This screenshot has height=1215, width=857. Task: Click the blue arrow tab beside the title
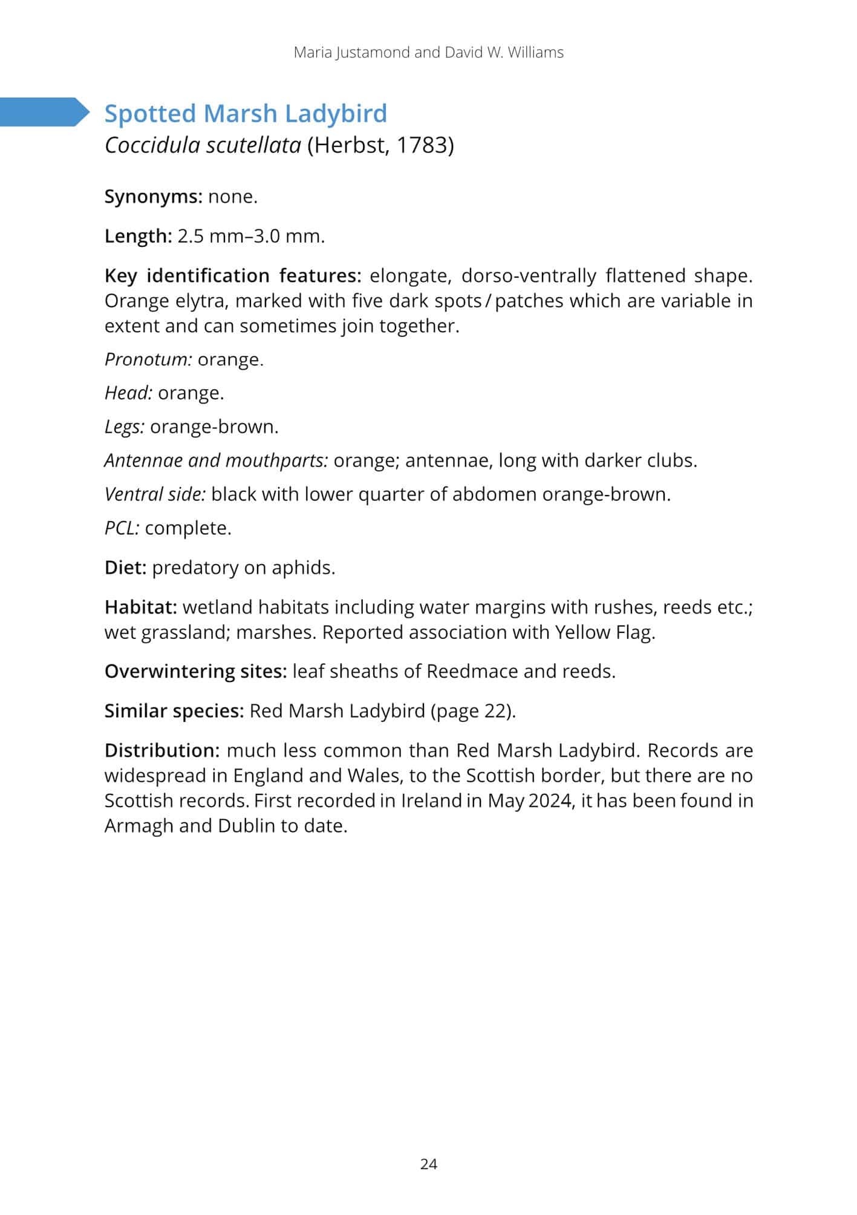pyautogui.click(x=44, y=112)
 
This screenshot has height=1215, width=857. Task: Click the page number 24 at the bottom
pyautogui.click(x=428, y=1164)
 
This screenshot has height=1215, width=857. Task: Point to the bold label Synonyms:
pyautogui.click(x=153, y=197)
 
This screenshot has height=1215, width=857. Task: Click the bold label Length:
pyautogui.click(x=138, y=236)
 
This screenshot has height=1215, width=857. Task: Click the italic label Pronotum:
pyautogui.click(x=148, y=359)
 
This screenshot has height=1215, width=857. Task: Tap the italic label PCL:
pyautogui.click(x=122, y=528)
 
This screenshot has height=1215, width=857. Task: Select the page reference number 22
pyautogui.click(x=497, y=710)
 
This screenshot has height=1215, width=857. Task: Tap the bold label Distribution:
pyautogui.click(x=161, y=750)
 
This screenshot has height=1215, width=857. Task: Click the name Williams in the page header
pyautogui.click(x=535, y=53)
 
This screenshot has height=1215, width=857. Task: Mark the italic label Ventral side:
pyautogui.click(x=155, y=494)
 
